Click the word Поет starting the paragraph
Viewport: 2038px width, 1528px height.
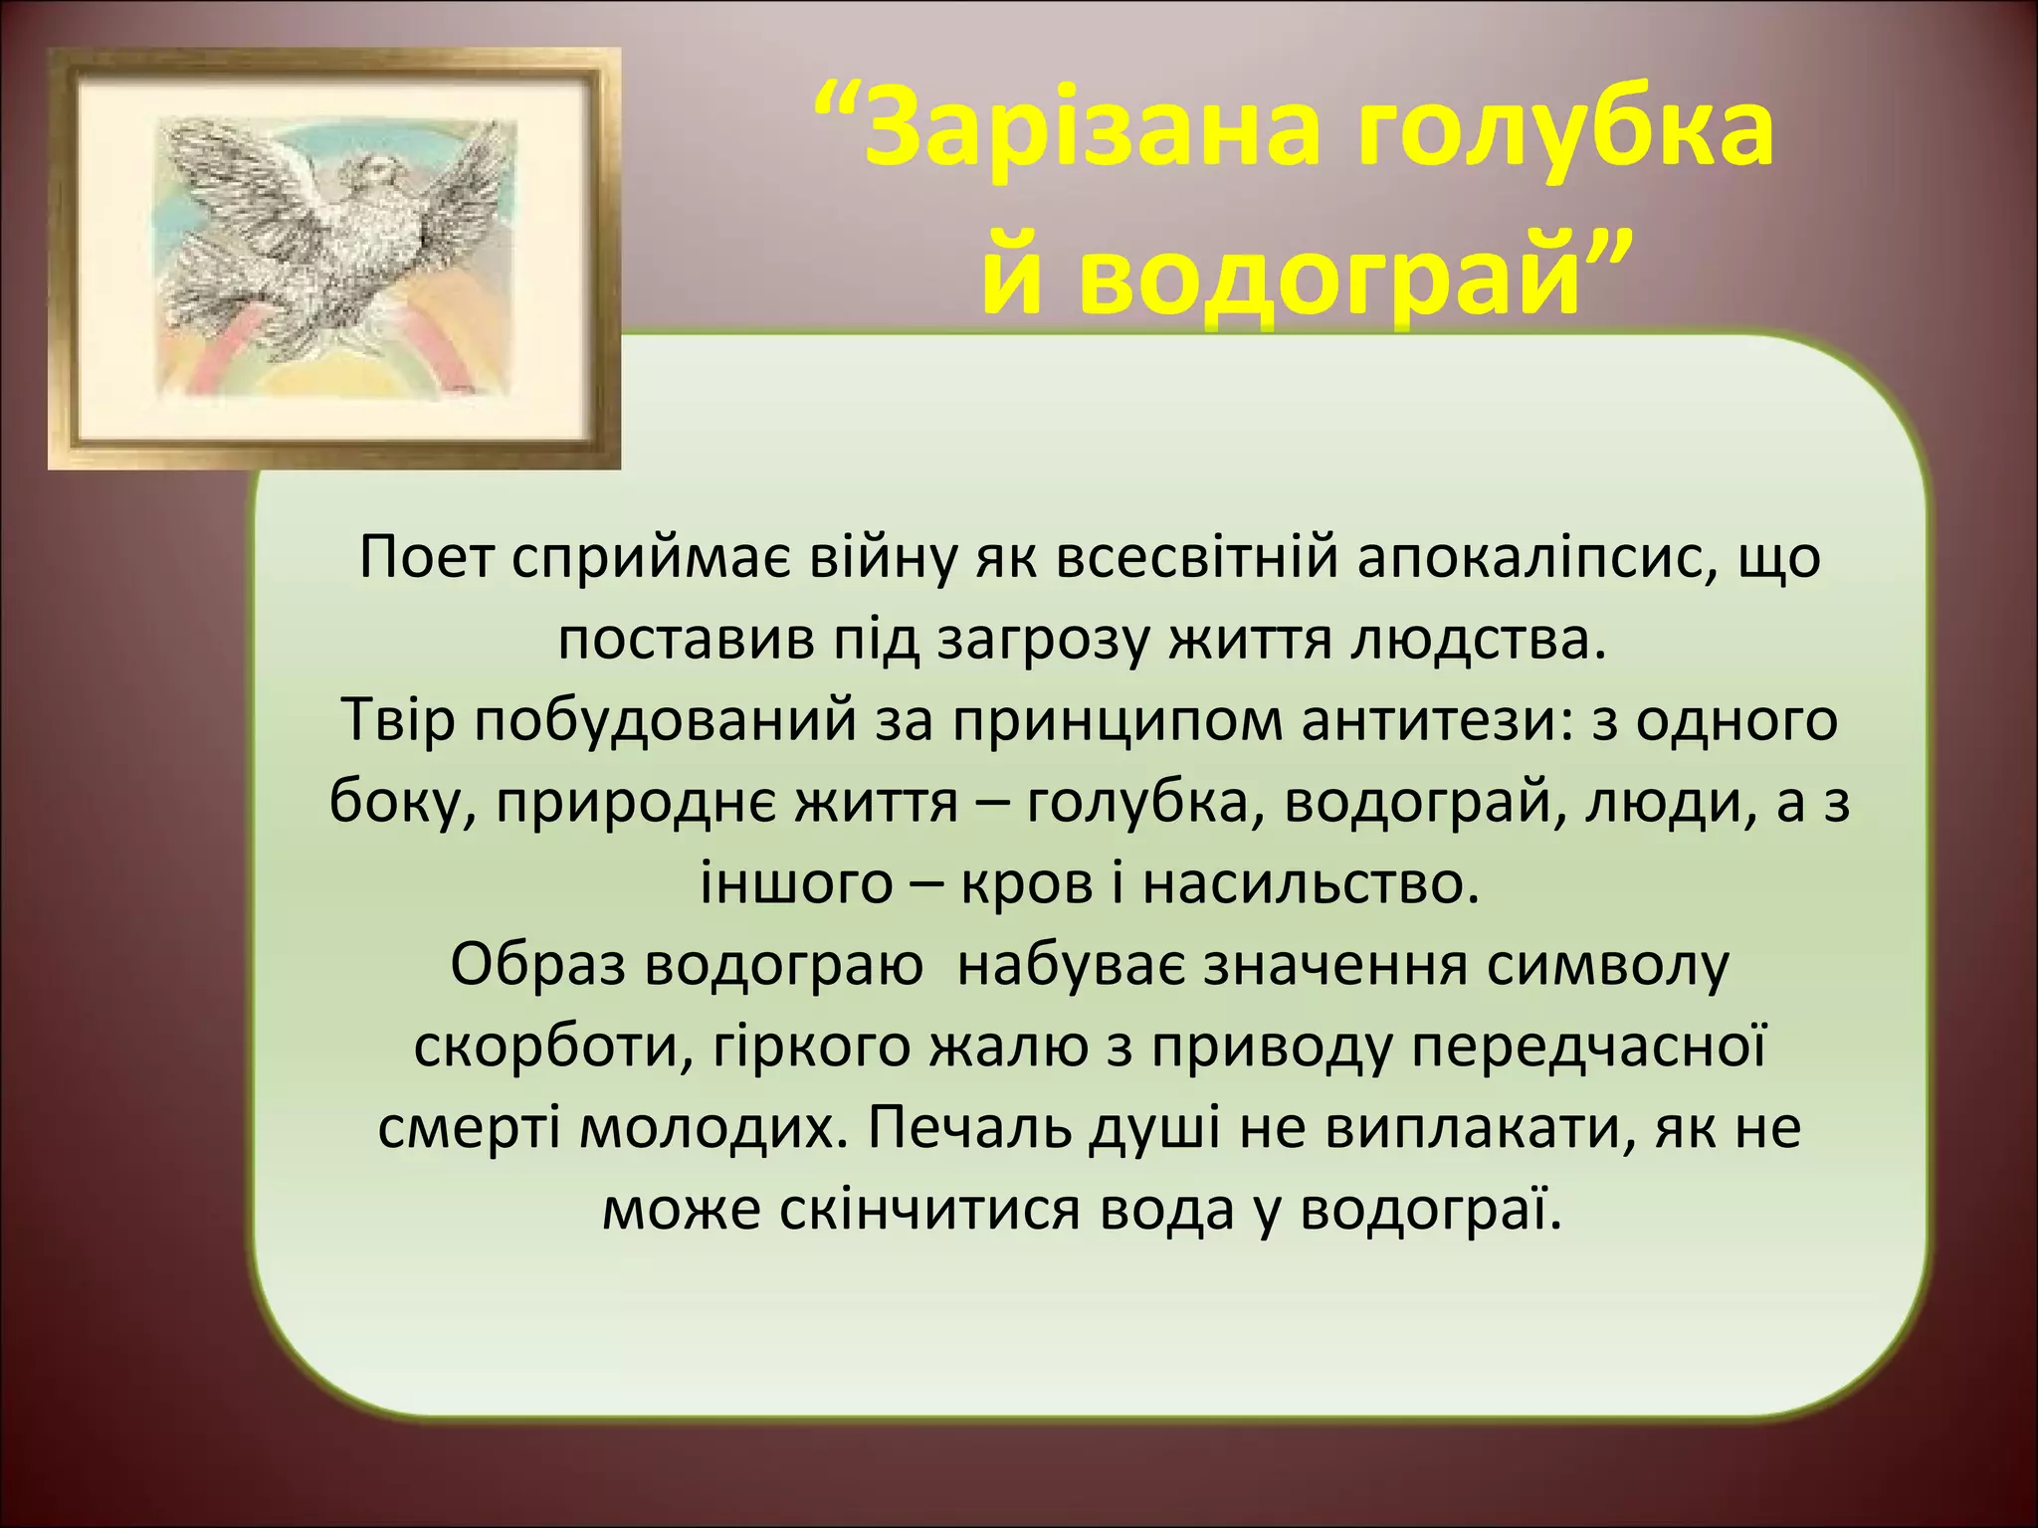(x=426, y=558)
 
